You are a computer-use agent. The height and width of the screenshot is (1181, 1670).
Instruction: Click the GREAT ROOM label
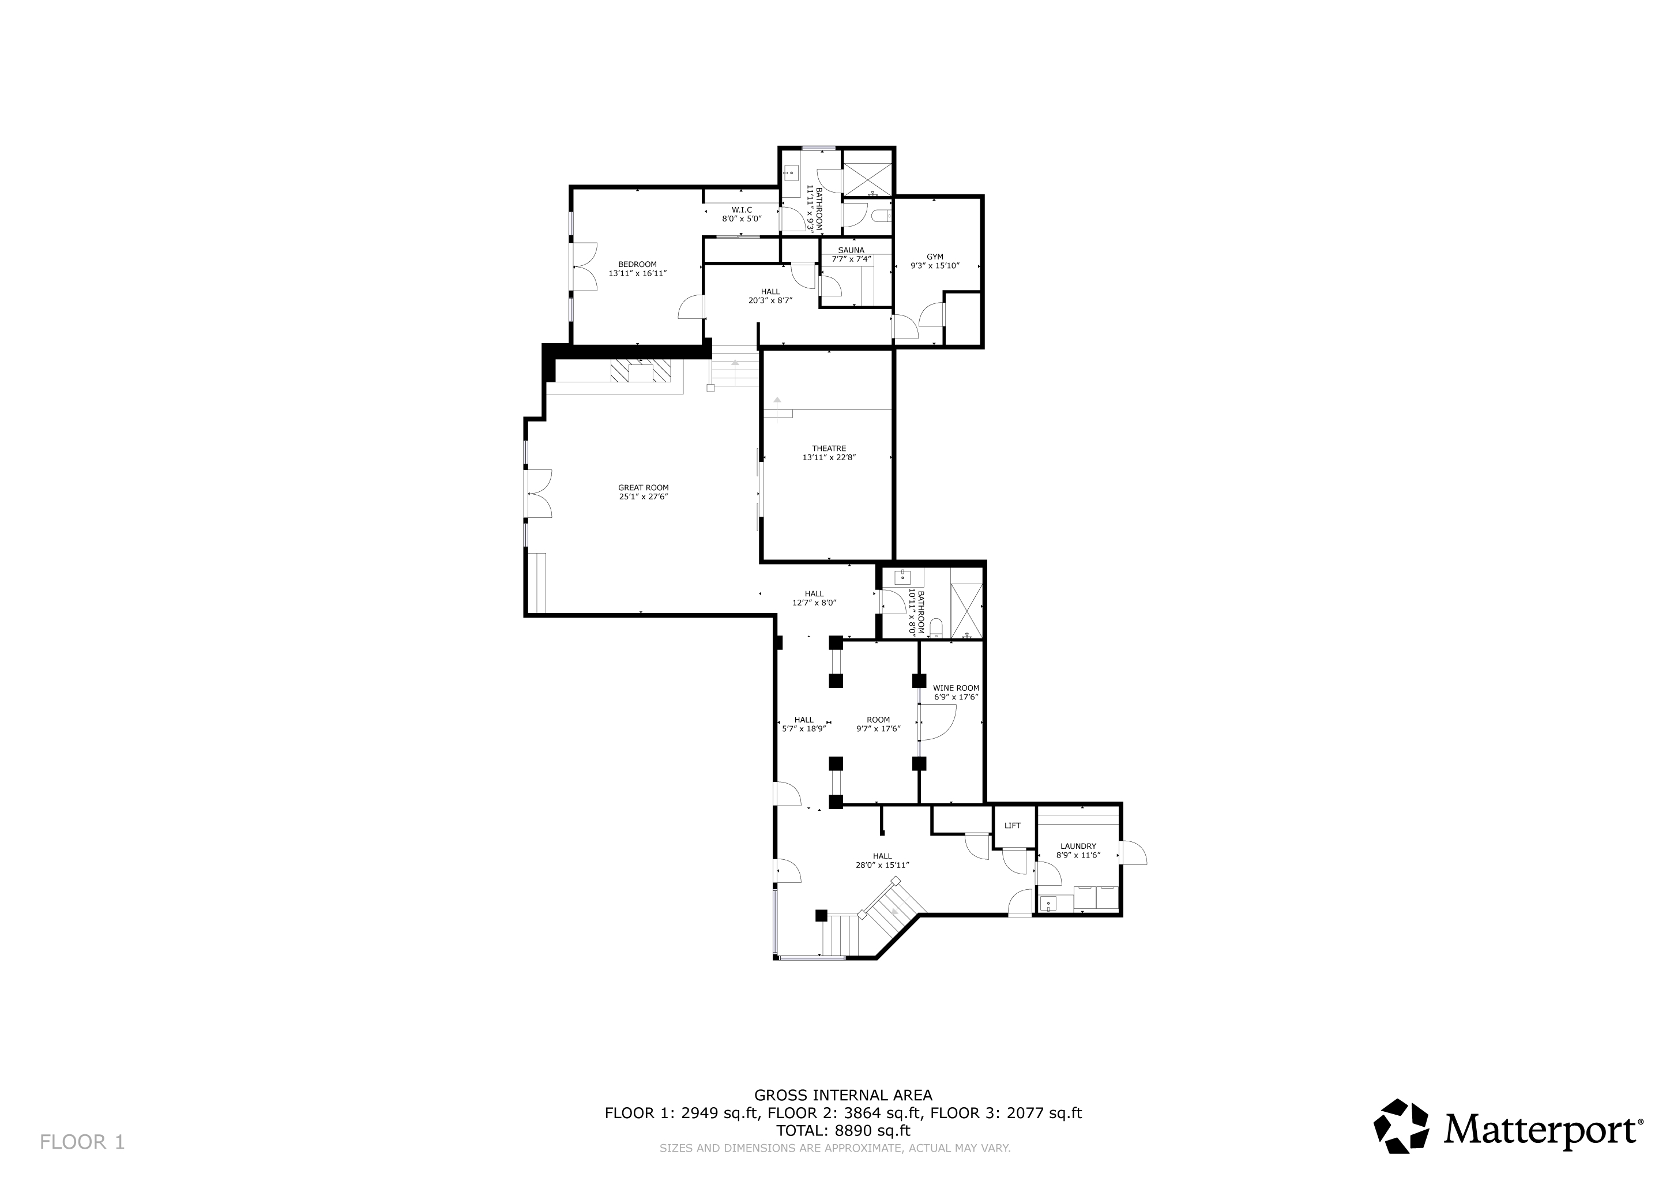pos(643,488)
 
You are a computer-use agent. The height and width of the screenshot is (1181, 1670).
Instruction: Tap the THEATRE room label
pos(829,449)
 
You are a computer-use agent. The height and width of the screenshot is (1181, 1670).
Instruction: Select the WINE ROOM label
pos(956,688)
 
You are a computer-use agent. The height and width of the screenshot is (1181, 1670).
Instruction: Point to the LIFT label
pos(1012,825)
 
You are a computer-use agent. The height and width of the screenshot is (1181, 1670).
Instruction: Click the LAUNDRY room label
pos(1077,846)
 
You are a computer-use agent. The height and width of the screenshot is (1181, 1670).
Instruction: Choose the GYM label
pos(935,257)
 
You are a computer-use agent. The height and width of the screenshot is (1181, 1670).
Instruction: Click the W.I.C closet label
pos(741,209)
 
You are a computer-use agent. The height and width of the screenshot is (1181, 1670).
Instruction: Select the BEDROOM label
pos(637,264)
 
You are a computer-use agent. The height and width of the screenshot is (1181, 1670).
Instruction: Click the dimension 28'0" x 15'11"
pos(882,866)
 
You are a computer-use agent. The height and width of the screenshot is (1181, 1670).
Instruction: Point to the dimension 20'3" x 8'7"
pos(769,300)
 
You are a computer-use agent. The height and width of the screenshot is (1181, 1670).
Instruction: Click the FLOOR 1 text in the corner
pos(82,1142)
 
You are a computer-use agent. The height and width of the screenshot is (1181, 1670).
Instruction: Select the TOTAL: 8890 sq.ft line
pos(843,1131)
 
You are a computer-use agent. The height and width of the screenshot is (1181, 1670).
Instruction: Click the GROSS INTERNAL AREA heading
pos(843,1095)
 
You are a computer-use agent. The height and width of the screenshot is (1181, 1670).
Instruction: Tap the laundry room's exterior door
pos(1133,853)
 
